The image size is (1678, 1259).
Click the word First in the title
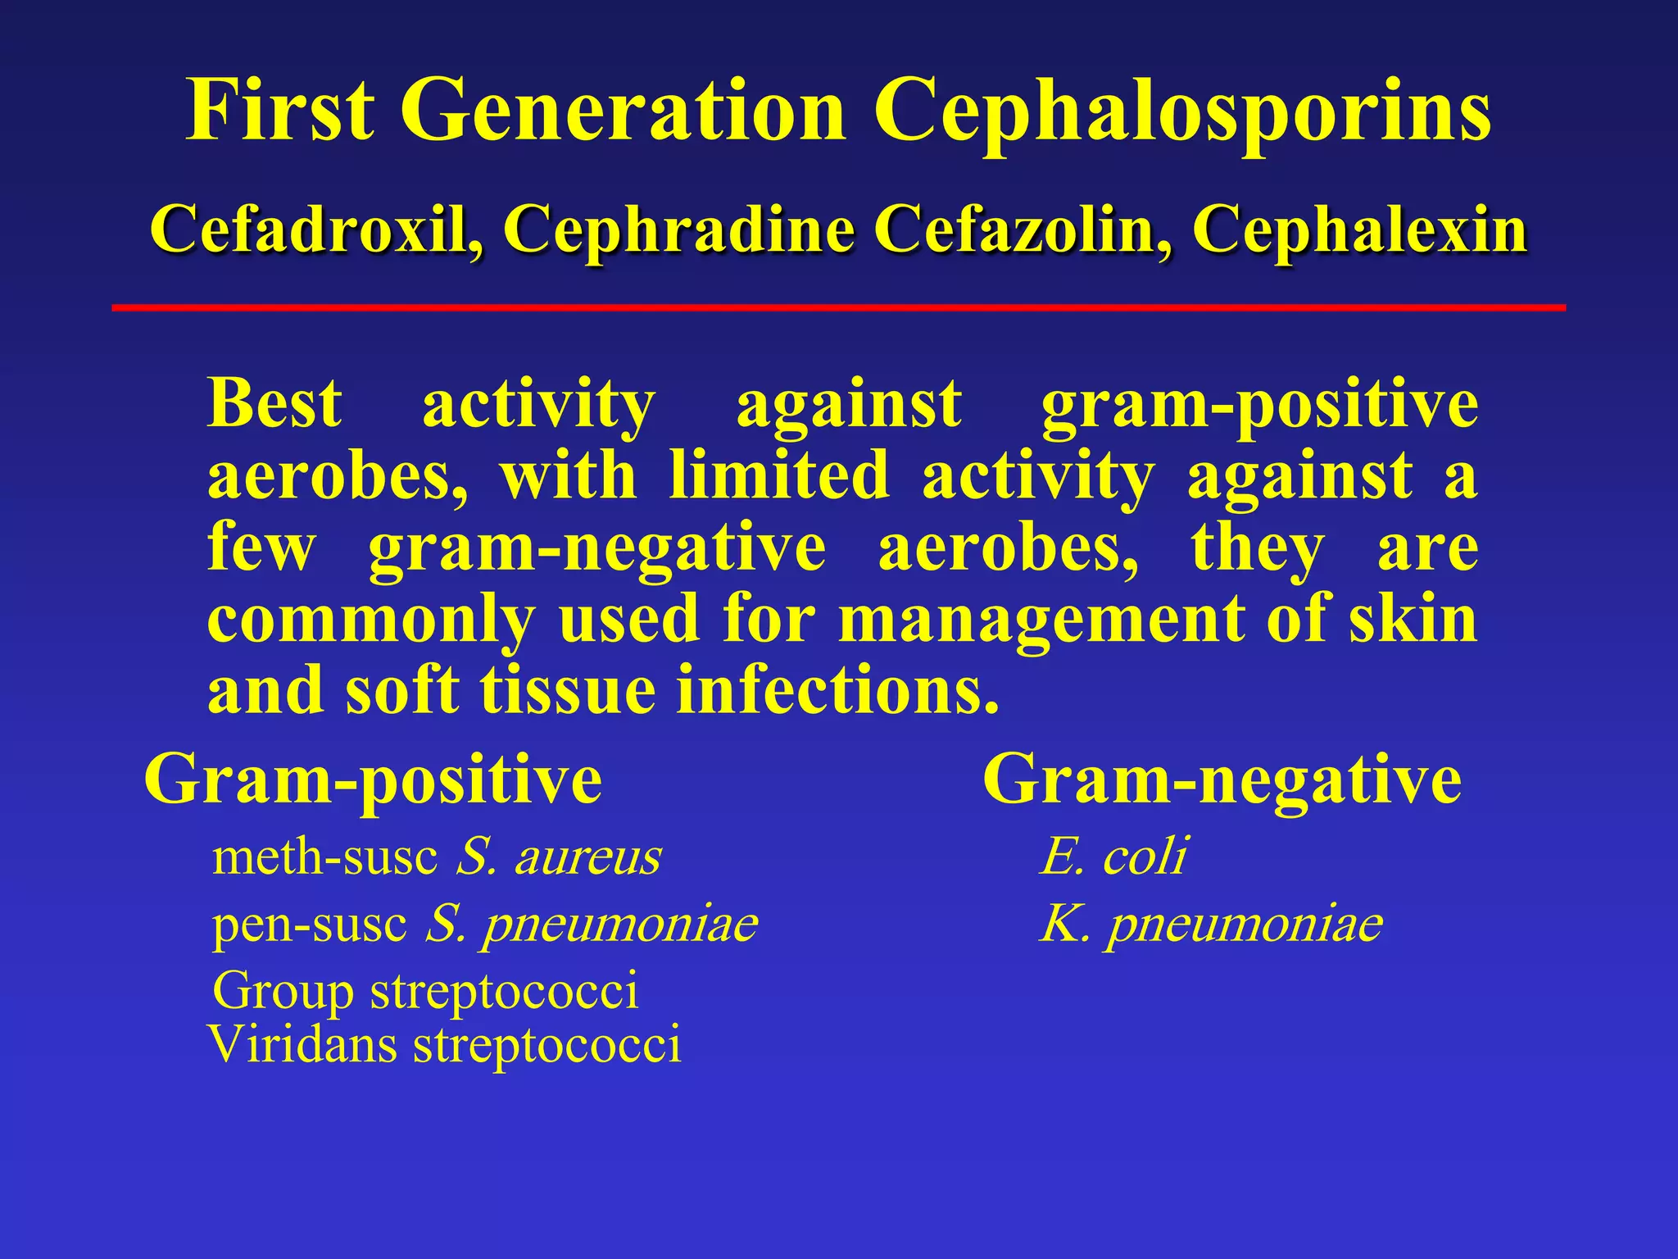point(280,111)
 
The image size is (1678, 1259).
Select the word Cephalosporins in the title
point(1181,111)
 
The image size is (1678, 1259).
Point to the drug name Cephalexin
point(1359,230)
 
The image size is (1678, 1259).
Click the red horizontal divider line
point(838,307)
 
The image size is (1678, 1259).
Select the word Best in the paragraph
point(274,403)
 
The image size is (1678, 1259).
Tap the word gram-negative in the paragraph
point(596,548)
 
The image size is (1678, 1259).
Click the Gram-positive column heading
point(373,780)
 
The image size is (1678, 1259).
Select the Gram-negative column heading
point(1222,780)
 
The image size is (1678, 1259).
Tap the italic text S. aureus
point(558,857)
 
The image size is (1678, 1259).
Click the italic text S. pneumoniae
point(591,925)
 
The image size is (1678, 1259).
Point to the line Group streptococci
point(424,991)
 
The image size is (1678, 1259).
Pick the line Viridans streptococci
point(445,1045)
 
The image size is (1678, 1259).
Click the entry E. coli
point(1113,857)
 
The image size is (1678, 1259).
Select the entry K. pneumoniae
point(1211,925)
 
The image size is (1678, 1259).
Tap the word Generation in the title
point(623,111)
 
